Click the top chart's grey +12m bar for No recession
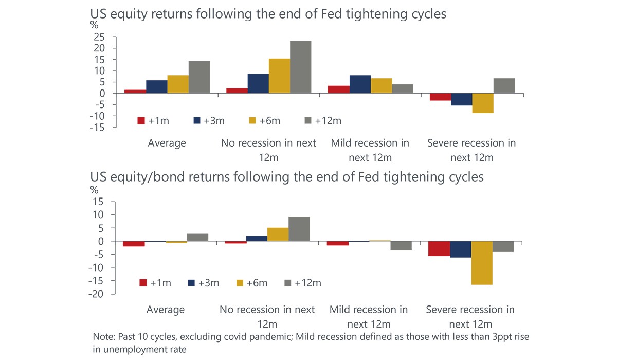300,67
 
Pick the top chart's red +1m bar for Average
135,91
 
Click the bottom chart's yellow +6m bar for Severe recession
482,263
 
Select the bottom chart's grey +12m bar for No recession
299,229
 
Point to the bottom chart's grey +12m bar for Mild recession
401,246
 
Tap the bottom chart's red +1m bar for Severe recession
439,248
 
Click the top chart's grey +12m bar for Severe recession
504,85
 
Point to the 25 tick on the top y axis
99,37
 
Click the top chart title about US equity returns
268,14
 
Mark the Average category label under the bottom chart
166,310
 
